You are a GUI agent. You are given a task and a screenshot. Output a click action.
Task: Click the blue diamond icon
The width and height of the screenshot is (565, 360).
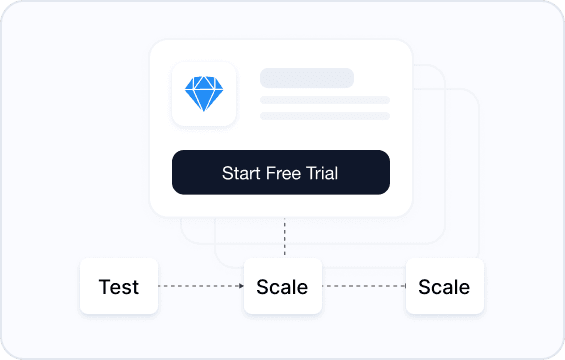204,93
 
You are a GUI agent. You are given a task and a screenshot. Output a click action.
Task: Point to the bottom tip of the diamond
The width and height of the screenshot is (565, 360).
204,111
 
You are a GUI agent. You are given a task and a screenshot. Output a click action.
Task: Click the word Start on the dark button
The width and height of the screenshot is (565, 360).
241,173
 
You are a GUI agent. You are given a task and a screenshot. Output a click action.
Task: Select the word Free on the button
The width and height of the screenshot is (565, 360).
283,173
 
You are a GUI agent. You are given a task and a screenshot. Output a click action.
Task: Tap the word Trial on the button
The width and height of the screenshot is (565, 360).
322,173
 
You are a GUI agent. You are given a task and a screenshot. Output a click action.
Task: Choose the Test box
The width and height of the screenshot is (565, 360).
119,286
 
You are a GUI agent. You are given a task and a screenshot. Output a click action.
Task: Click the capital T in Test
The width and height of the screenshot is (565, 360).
104,287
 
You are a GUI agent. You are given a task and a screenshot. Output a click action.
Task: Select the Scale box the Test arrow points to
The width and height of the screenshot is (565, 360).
283,286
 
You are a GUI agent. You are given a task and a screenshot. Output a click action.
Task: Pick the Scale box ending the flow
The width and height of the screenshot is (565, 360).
445,286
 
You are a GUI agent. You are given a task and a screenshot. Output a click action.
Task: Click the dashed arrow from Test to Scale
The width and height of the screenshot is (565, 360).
201,286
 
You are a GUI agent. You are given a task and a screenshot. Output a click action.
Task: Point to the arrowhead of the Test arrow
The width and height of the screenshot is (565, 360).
242,286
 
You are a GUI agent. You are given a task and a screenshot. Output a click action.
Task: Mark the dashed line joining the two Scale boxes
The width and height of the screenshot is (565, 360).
364,286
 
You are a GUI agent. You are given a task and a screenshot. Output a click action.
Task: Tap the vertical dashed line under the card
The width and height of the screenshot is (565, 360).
285,237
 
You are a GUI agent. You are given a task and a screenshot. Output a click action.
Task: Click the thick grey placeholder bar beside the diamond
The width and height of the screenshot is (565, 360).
307,78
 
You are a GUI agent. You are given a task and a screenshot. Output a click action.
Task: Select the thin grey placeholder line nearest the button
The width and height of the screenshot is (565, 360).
325,116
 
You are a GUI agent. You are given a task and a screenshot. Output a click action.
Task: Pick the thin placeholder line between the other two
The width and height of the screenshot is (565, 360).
325,100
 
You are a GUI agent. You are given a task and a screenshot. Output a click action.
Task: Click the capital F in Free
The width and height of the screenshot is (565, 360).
271,173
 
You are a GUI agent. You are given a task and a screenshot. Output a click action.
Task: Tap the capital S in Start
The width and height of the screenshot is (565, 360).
227,173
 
